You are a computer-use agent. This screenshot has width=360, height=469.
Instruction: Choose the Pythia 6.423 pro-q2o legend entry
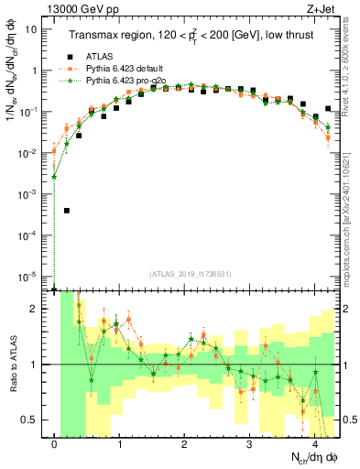[134, 81]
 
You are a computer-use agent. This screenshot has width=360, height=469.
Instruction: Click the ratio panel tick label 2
[36, 309]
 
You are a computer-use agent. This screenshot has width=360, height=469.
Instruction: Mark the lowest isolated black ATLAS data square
[67, 210]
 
